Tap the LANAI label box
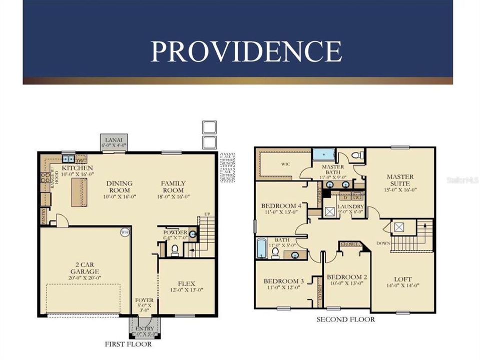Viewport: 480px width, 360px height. (x=115, y=141)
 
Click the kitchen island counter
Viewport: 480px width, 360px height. (x=78, y=192)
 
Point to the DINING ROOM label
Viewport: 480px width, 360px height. (x=120, y=186)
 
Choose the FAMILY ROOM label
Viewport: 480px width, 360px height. (x=173, y=186)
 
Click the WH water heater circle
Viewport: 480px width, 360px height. (x=125, y=232)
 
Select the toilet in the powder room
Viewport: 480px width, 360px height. (x=175, y=249)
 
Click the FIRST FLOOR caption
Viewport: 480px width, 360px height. (x=128, y=344)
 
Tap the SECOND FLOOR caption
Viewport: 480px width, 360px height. (x=345, y=319)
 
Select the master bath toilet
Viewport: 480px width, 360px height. (x=357, y=155)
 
